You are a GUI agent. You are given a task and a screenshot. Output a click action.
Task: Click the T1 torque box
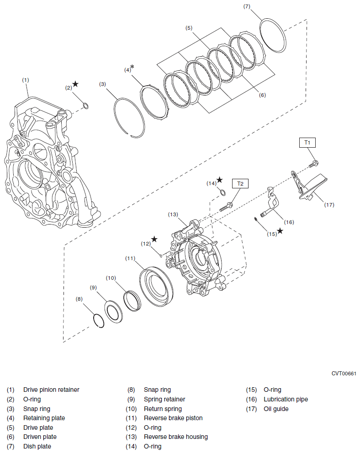point(307,143)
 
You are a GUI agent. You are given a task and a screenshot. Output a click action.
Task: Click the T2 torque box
point(240,183)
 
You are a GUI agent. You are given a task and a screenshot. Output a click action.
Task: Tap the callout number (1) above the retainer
point(26,80)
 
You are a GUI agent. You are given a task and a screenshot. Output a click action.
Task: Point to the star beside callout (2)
point(75,84)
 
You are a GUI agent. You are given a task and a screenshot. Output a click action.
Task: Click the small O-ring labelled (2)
point(85,107)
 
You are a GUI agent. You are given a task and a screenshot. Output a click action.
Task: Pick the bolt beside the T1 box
point(314,162)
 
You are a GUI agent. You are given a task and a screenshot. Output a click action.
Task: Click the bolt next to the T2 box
point(227,206)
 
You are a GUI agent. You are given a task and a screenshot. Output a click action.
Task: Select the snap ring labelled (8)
point(98,320)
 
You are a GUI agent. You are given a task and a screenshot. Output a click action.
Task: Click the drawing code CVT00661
point(344,374)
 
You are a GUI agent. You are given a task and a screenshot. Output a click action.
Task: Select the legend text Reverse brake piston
point(173,418)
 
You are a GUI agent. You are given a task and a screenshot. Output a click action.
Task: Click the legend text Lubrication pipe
point(286,399)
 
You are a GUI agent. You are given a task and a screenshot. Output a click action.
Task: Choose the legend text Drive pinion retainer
point(51,390)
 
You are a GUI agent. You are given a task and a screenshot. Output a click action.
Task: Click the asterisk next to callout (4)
point(132,68)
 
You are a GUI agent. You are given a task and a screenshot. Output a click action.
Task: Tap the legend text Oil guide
point(276,409)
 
